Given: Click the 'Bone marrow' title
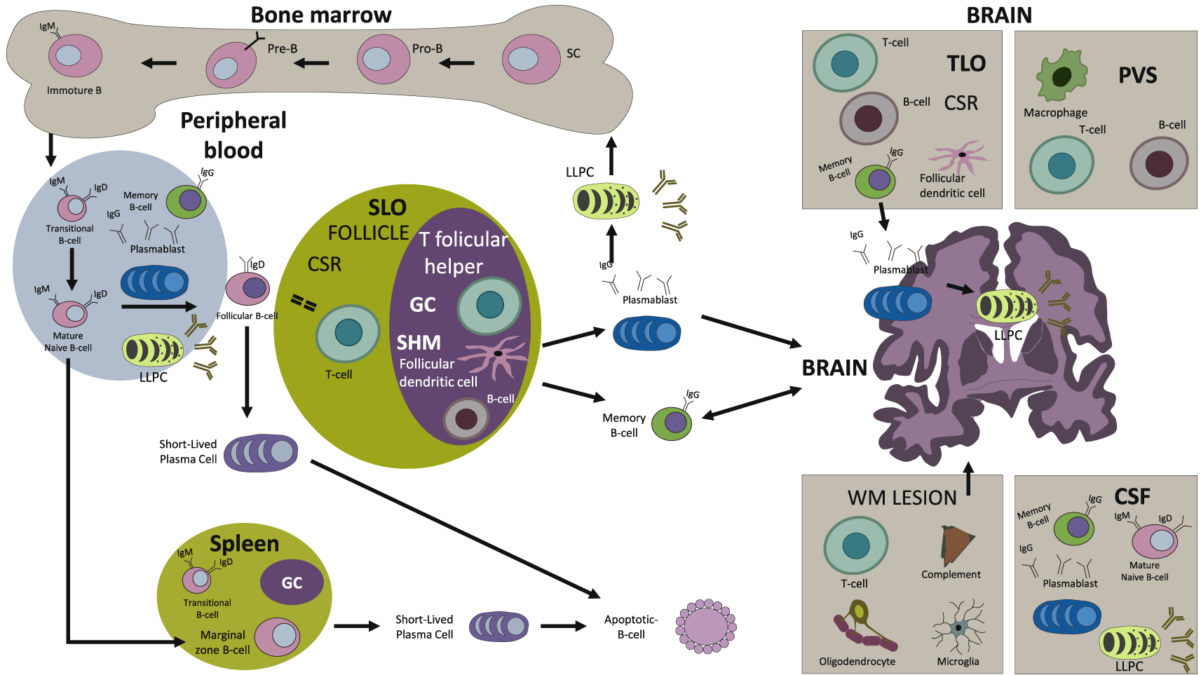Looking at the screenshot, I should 320,15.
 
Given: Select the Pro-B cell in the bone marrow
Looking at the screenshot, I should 383,59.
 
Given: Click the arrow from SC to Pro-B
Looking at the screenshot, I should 456,63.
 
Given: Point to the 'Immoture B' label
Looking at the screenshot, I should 74,90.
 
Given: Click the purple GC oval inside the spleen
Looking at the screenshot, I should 292,582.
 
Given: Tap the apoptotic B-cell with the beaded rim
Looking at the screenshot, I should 705,627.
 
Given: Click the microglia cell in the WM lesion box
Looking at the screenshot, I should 958,628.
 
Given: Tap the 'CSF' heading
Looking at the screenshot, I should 1132,496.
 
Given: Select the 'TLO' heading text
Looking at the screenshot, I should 966,64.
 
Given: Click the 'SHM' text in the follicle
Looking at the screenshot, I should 419,343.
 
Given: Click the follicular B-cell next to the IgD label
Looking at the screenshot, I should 247,288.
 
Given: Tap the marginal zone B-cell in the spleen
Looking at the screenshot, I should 277,636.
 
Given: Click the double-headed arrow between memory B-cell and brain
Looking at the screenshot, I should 751,403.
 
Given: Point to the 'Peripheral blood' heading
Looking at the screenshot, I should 233,135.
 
